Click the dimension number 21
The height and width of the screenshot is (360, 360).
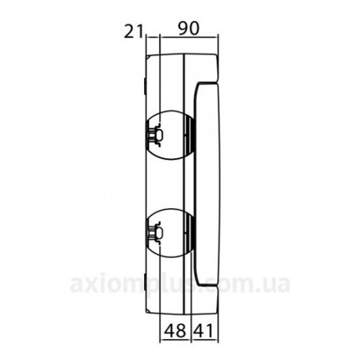click(133, 32)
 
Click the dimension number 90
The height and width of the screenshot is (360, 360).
click(189, 29)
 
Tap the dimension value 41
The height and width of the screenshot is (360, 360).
click(203, 331)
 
